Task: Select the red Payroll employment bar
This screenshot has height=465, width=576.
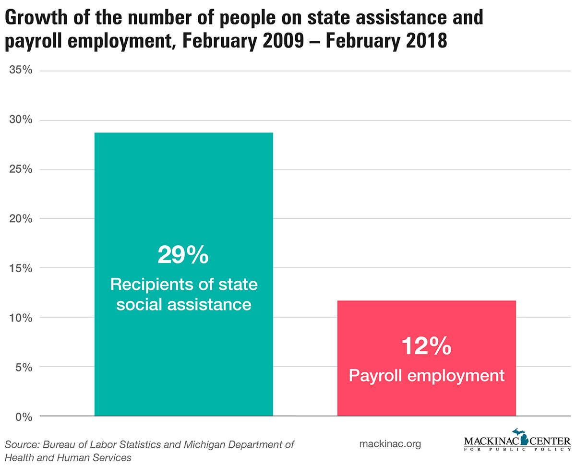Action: click(426, 326)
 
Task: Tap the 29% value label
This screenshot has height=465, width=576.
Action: click(183, 255)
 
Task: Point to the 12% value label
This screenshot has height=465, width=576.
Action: click(426, 346)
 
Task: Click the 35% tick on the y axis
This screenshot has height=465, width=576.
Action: click(21, 71)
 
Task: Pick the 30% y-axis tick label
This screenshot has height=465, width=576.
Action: click(21, 120)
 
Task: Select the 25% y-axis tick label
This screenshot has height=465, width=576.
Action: click(21, 169)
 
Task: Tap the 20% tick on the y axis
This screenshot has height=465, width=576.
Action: click(21, 219)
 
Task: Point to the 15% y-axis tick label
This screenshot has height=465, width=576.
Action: click(21, 268)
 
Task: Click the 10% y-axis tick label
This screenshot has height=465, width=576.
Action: click(21, 318)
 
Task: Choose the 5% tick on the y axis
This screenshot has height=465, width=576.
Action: click(24, 367)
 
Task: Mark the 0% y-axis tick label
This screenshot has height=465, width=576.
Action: click(24, 417)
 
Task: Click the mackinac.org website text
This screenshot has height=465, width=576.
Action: click(390, 444)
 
